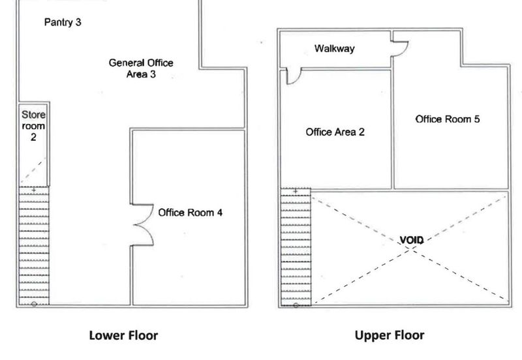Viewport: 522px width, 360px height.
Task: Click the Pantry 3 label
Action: pos(63,22)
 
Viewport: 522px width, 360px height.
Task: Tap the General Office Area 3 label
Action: pos(141,68)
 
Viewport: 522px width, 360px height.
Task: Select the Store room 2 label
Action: pos(33,126)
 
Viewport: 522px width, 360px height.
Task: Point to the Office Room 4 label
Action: pos(190,213)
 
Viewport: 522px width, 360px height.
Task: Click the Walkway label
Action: pos(335,48)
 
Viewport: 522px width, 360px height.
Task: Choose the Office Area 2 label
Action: pos(335,132)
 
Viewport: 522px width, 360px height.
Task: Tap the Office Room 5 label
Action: pos(448,119)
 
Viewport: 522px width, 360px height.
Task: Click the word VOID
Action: pos(412,240)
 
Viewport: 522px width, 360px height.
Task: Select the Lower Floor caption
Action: pos(123,335)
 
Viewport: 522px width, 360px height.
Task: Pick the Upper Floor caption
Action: pos(390,335)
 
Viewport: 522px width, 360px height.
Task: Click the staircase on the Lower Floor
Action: pos(34,246)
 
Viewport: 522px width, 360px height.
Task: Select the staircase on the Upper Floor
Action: pos(296,247)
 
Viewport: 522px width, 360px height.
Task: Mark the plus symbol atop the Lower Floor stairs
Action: pos(34,190)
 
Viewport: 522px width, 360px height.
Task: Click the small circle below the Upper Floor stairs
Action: pos(296,305)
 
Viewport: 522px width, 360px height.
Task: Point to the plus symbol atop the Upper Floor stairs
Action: pos(296,191)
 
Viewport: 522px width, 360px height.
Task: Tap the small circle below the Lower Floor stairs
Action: pos(34,304)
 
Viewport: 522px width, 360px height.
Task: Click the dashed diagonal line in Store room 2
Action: pos(33,171)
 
